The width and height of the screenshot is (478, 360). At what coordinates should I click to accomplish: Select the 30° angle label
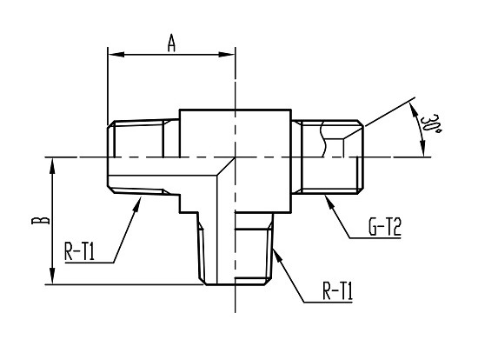[x=430, y=125]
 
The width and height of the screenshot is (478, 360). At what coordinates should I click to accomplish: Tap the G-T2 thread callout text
[x=385, y=227]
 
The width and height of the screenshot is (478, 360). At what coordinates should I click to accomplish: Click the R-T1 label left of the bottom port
[x=80, y=251]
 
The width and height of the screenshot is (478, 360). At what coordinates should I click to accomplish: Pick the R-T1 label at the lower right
[x=337, y=291]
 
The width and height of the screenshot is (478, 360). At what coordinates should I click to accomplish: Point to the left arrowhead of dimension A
[x=116, y=55]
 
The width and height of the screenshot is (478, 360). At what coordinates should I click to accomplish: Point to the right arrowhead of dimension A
[x=226, y=55]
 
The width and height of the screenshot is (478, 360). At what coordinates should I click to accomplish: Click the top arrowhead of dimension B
[x=53, y=166]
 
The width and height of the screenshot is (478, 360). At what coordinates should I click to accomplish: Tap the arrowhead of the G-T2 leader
[x=329, y=203]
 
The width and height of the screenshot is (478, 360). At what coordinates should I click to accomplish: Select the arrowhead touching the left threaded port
[x=137, y=204]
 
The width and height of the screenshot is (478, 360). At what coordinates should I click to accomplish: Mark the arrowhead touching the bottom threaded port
[x=277, y=256]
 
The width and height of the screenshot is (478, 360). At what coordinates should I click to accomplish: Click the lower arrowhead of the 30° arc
[x=422, y=149]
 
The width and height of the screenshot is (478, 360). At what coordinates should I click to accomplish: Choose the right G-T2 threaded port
[x=328, y=157]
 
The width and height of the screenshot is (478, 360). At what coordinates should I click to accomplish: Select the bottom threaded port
[x=236, y=249]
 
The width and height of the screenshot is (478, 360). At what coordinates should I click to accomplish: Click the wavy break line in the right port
[x=322, y=139]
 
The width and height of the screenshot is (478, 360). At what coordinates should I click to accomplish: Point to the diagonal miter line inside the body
[x=226, y=166]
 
